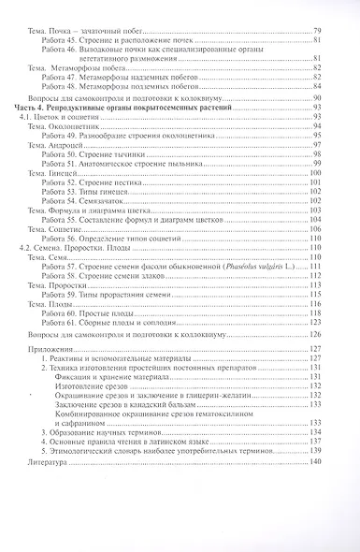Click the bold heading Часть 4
(x=32, y=109)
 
